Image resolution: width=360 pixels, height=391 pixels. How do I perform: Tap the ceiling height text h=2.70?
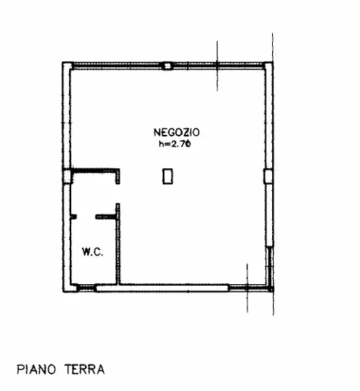170,142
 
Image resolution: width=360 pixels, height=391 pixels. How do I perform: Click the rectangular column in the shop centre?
167,176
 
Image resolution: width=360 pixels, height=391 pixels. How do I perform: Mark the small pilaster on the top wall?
167,67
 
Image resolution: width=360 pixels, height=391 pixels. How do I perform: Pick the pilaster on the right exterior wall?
267,177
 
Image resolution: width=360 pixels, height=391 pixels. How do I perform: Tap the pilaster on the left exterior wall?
67,176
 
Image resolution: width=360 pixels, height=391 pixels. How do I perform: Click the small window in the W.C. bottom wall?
87,287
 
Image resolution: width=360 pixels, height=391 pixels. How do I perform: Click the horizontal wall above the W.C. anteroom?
95,170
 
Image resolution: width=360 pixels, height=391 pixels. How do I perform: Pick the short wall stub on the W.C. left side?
73,217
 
